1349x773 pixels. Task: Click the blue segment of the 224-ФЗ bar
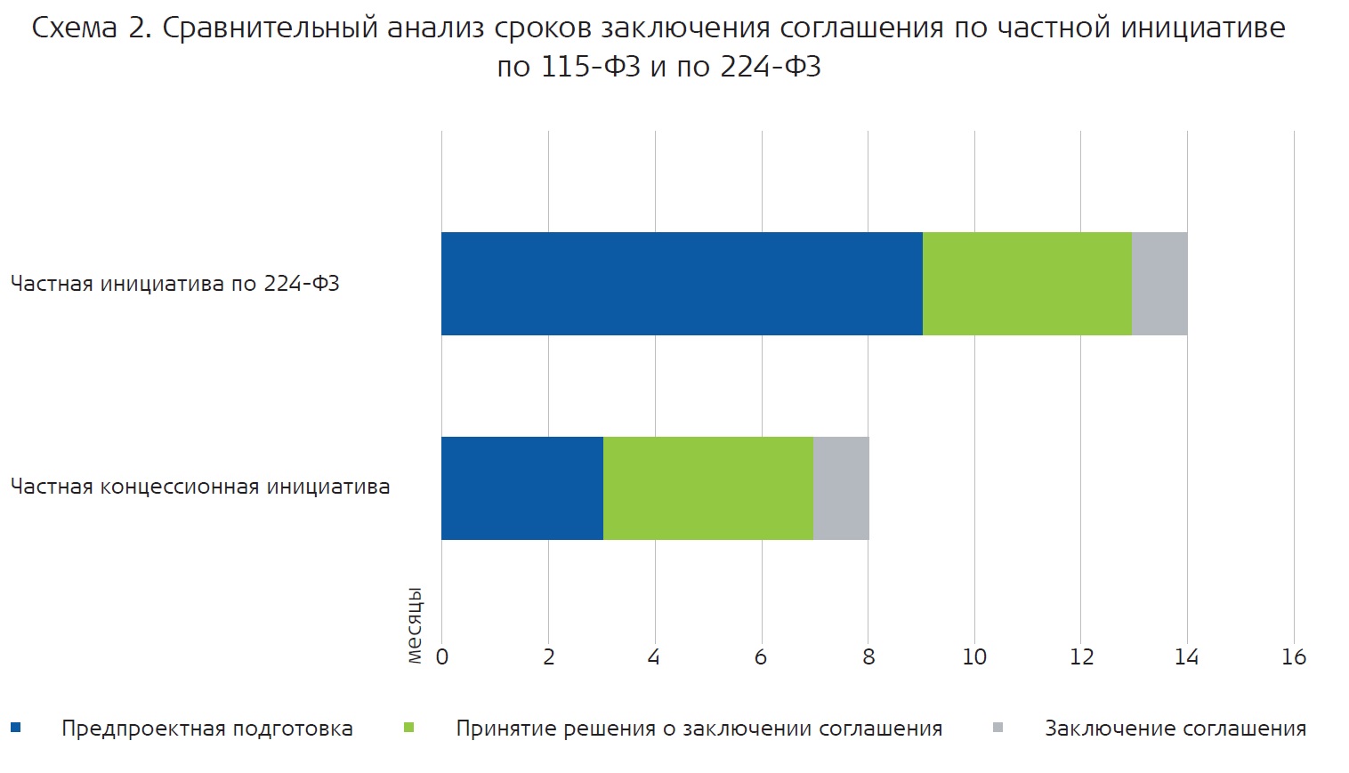(x=682, y=284)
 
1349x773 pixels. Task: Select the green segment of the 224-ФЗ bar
(x=1027, y=284)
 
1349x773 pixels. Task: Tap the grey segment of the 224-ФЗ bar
(x=1159, y=284)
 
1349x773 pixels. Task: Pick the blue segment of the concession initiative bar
(x=522, y=488)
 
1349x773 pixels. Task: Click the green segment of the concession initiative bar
(x=708, y=488)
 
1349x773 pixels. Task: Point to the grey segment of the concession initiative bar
(x=841, y=488)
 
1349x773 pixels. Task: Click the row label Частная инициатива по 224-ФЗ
(x=175, y=284)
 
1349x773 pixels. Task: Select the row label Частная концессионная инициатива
(x=200, y=487)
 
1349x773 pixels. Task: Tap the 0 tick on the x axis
(x=442, y=657)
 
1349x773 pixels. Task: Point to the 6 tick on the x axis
(x=761, y=657)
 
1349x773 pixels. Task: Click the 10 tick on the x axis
(x=974, y=657)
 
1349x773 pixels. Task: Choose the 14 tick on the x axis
(x=1186, y=657)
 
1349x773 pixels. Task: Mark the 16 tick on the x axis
(x=1294, y=657)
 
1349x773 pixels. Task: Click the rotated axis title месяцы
(x=415, y=625)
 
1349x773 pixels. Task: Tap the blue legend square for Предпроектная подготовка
(x=15, y=729)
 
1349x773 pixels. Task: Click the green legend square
(x=409, y=729)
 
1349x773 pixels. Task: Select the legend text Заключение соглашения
(x=1175, y=729)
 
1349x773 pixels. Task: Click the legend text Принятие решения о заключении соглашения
(x=699, y=729)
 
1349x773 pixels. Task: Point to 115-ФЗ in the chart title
(x=590, y=67)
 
